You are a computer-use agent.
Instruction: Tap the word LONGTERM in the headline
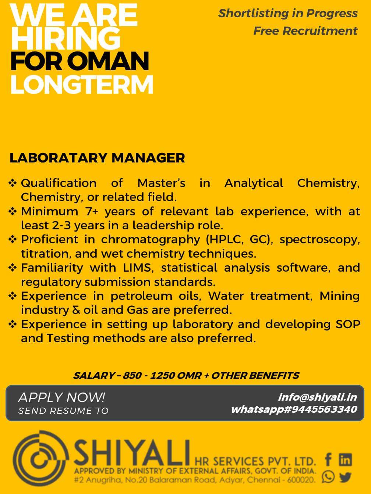(82, 85)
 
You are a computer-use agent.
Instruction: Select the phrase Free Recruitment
(305, 31)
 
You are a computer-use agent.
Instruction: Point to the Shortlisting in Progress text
(288, 13)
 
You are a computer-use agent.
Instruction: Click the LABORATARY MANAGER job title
(97, 158)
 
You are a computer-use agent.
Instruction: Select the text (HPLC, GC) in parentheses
(239, 239)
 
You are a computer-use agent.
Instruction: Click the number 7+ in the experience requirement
(91, 211)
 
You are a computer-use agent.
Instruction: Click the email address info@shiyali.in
(317, 397)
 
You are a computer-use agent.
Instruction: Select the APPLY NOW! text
(61, 397)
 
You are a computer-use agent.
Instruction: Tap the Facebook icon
(328, 459)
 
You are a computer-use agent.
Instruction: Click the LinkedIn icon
(345, 459)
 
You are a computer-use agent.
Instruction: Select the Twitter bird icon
(345, 477)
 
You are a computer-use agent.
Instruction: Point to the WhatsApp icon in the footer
(328, 477)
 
